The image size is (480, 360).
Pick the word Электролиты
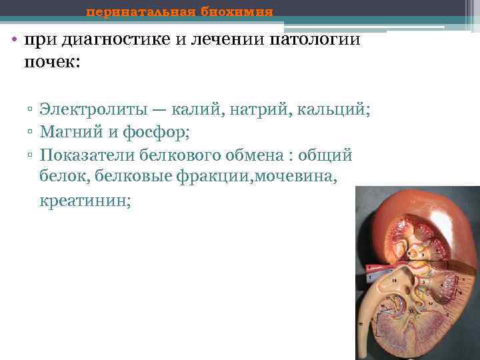[x=98, y=109]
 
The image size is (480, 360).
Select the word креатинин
[x=85, y=200]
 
